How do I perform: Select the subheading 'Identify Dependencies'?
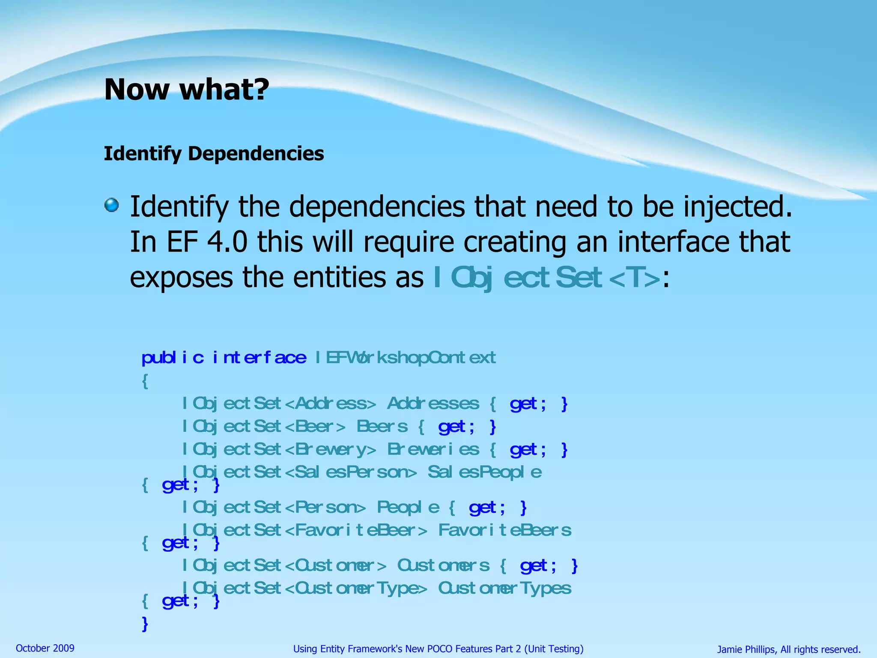(x=214, y=153)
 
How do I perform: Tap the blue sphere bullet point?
(x=112, y=205)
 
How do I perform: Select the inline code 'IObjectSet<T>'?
(x=546, y=278)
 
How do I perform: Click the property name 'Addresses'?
(x=433, y=404)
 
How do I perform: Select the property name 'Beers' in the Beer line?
(x=382, y=427)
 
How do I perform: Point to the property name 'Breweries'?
(x=433, y=449)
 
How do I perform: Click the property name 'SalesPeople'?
(x=484, y=472)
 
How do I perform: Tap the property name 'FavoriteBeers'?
(x=504, y=530)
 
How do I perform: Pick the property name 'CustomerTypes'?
(x=504, y=589)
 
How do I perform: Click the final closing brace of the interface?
(x=145, y=623)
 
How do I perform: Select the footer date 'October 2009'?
(x=45, y=648)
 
